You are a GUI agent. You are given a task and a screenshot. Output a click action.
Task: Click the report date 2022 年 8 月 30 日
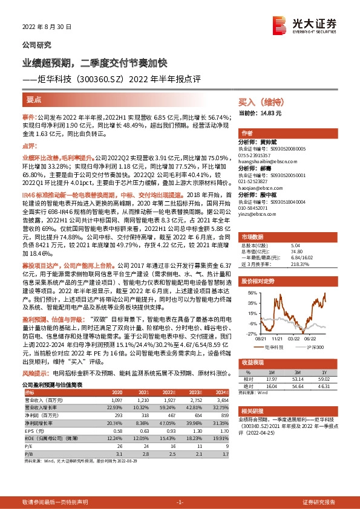tap(47, 27)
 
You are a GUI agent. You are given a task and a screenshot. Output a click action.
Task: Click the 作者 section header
tap(247, 133)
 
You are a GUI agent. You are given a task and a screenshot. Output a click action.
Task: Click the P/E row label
tap(28, 446)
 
